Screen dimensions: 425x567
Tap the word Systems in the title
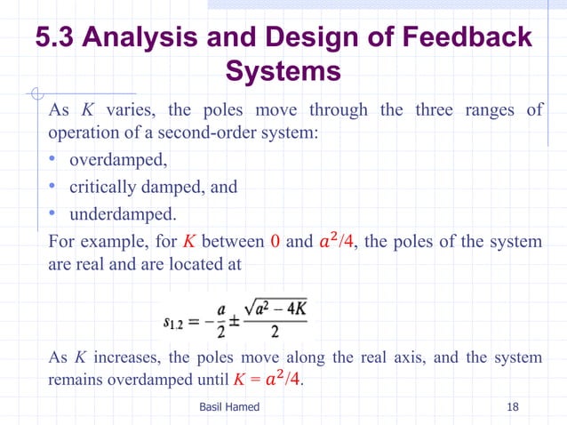click(283, 70)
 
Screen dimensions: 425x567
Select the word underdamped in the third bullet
click(122, 214)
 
